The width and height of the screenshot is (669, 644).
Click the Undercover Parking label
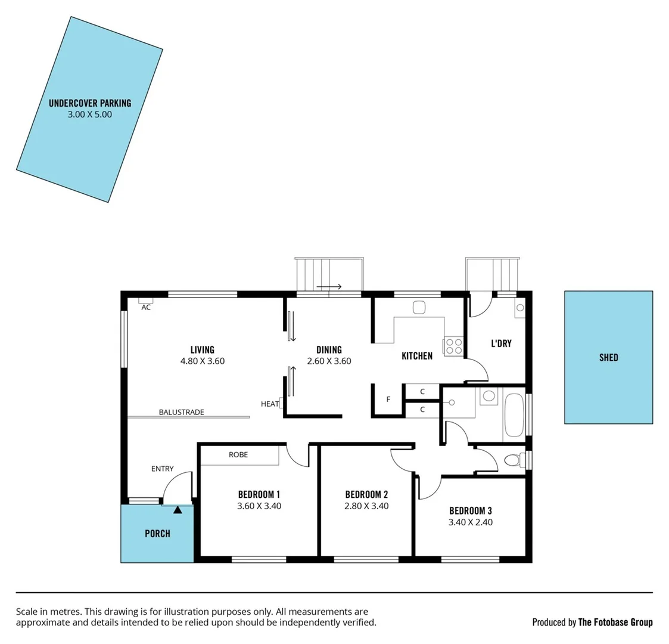(90, 103)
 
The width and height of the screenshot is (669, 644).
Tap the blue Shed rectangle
(608, 358)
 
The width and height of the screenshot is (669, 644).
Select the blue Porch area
(157, 534)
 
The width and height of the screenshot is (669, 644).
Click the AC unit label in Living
(146, 308)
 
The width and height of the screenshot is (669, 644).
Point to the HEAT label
(269, 404)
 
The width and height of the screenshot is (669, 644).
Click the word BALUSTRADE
(181, 412)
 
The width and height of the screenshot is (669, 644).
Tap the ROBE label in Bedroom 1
(238, 455)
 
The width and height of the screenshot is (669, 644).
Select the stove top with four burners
(453, 346)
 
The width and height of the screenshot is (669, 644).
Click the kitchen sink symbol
(419, 308)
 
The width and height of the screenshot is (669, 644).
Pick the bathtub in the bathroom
(514, 414)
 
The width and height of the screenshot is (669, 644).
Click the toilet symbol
(513, 460)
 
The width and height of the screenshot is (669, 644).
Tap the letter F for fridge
(388, 400)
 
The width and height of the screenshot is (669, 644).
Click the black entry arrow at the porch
(178, 509)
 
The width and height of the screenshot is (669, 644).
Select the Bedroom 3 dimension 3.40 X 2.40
(470, 522)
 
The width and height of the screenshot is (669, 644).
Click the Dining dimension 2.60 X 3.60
(329, 361)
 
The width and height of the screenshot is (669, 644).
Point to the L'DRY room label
(501, 343)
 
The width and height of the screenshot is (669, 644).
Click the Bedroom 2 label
(366, 494)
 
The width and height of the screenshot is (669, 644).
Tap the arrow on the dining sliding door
(329, 287)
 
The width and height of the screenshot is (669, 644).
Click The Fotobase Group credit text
(615, 622)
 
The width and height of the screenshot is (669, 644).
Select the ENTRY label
(162, 469)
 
